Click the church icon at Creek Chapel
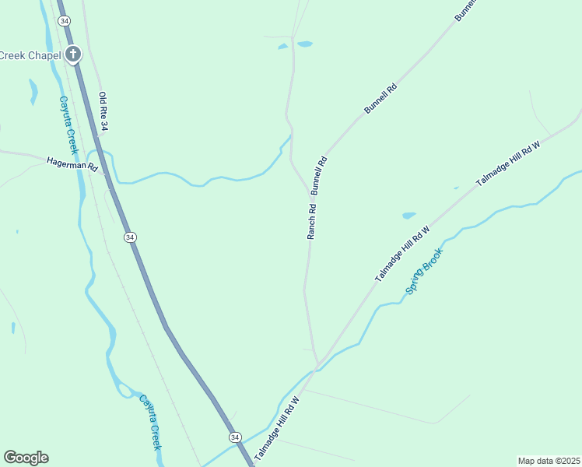[x=72, y=54]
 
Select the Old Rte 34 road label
[x=103, y=111]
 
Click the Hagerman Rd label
[x=72, y=163]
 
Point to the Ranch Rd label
[x=312, y=220]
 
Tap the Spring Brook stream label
[x=424, y=271]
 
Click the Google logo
[x=26, y=458]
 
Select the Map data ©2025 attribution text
[x=549, y=461]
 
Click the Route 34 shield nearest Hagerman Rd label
[x=130, y=237]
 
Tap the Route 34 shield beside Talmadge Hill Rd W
[x=235, y=438]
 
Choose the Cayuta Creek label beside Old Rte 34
[x=70, y=125]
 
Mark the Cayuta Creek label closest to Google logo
[x=149, y=422]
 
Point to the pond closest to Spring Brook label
[x=408, y=216]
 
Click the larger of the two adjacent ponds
[x=304, y=44]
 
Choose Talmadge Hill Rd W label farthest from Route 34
[x=508, y=163]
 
